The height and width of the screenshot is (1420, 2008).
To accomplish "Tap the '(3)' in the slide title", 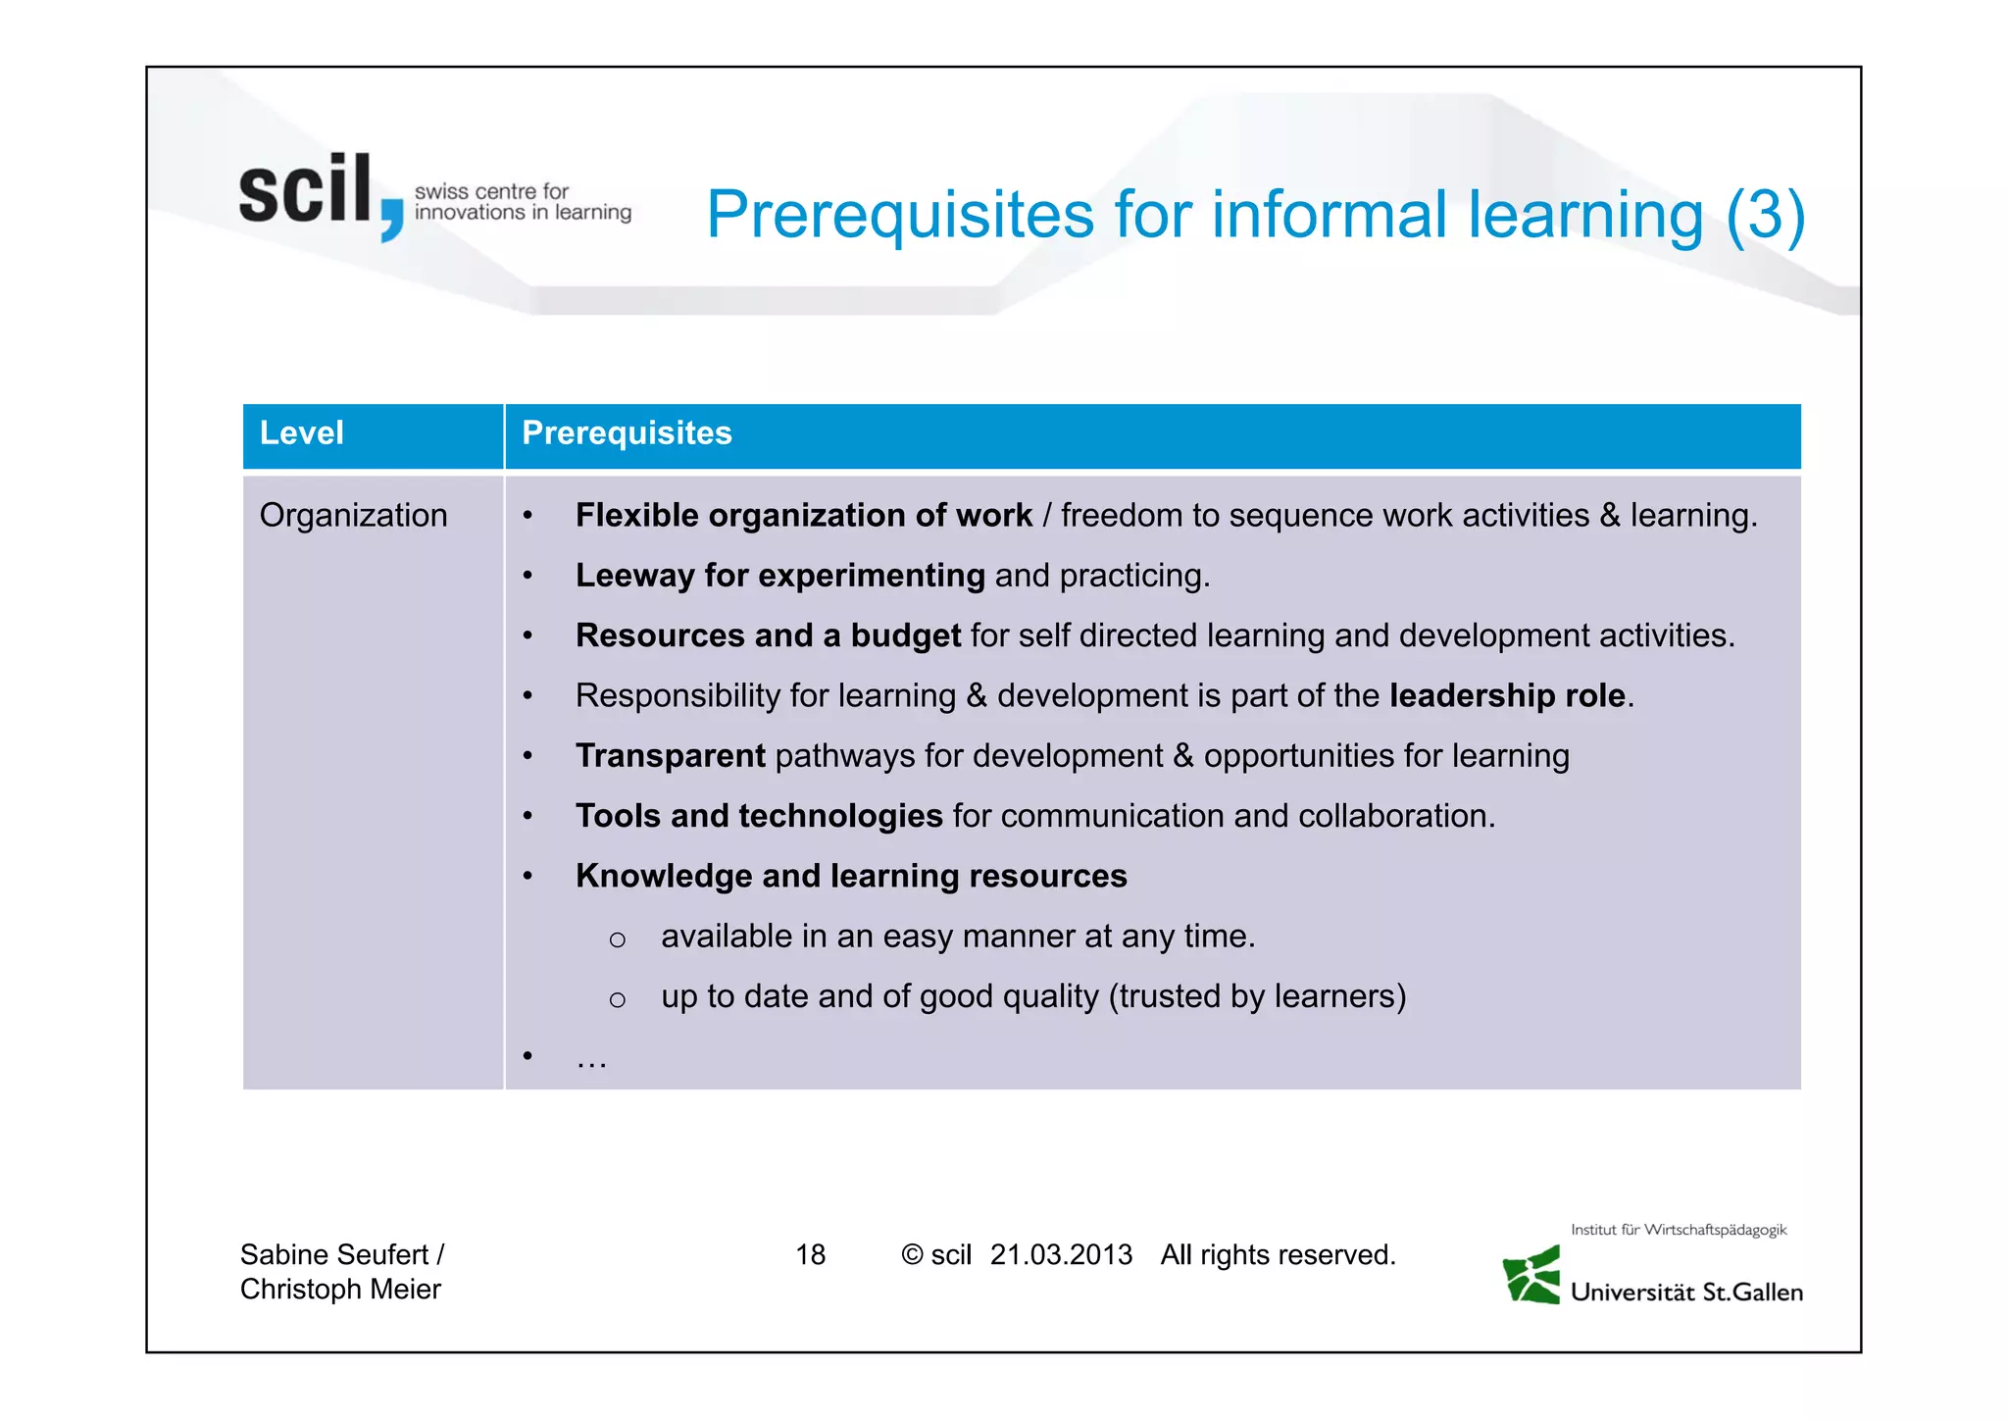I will (x=1764, y=215).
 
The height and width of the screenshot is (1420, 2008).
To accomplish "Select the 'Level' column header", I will (x=302, y=433).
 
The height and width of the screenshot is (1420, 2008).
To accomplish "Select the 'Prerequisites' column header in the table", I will (x=627, y=433).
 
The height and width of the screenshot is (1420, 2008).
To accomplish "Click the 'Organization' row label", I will (x=353, y=516).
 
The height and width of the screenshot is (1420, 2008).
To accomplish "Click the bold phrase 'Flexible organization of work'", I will (x=803, y=516).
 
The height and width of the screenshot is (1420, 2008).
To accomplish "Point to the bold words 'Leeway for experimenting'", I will (x=779, y=576).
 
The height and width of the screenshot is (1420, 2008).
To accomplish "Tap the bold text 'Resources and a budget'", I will (x=768, y=635).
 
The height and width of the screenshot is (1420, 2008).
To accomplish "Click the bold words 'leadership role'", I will (x=1507, y=696).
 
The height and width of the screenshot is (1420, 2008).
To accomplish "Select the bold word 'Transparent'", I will (x=670, y=756).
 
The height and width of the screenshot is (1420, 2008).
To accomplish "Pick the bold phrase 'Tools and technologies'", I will (x=759, y=816).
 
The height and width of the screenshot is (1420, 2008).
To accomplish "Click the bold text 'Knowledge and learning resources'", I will (x=851, y=876).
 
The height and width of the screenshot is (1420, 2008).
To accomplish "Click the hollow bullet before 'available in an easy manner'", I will (x=617, y=939).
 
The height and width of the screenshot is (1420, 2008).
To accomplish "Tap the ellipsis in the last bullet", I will (x=591, y=1059).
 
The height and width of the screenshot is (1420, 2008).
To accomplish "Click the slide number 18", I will (x=810, y=1255).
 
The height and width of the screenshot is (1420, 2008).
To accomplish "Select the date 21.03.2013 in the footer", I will (x=1061, y=1255).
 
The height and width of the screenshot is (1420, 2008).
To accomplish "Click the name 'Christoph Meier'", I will (x=340, y=1290).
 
